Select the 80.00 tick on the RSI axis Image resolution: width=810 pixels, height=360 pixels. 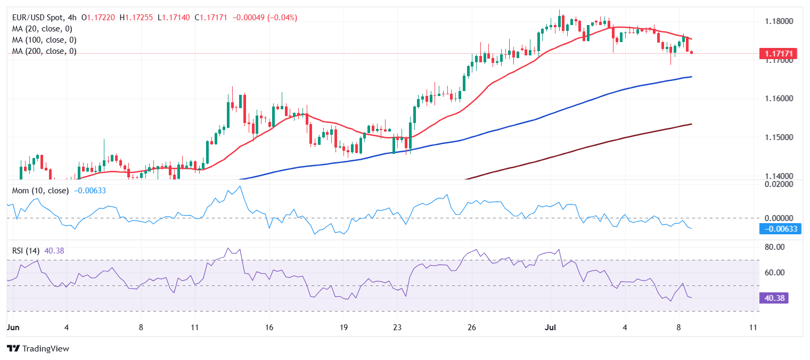[775, 247]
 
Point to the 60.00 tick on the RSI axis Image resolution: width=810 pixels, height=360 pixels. [775, 273]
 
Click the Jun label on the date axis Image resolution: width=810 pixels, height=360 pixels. [11, 328]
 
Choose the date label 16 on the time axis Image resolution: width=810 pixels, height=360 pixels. [269, 328]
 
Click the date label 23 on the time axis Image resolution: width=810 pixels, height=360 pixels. [397, 328]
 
